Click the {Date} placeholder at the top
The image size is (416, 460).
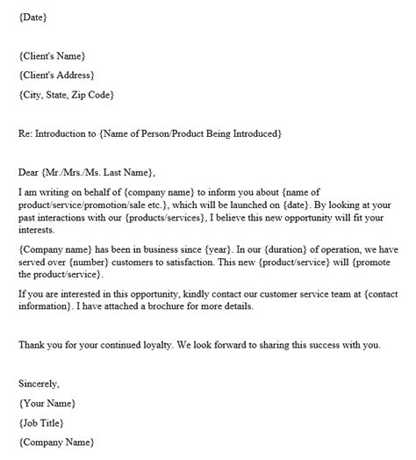click(32, 17)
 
